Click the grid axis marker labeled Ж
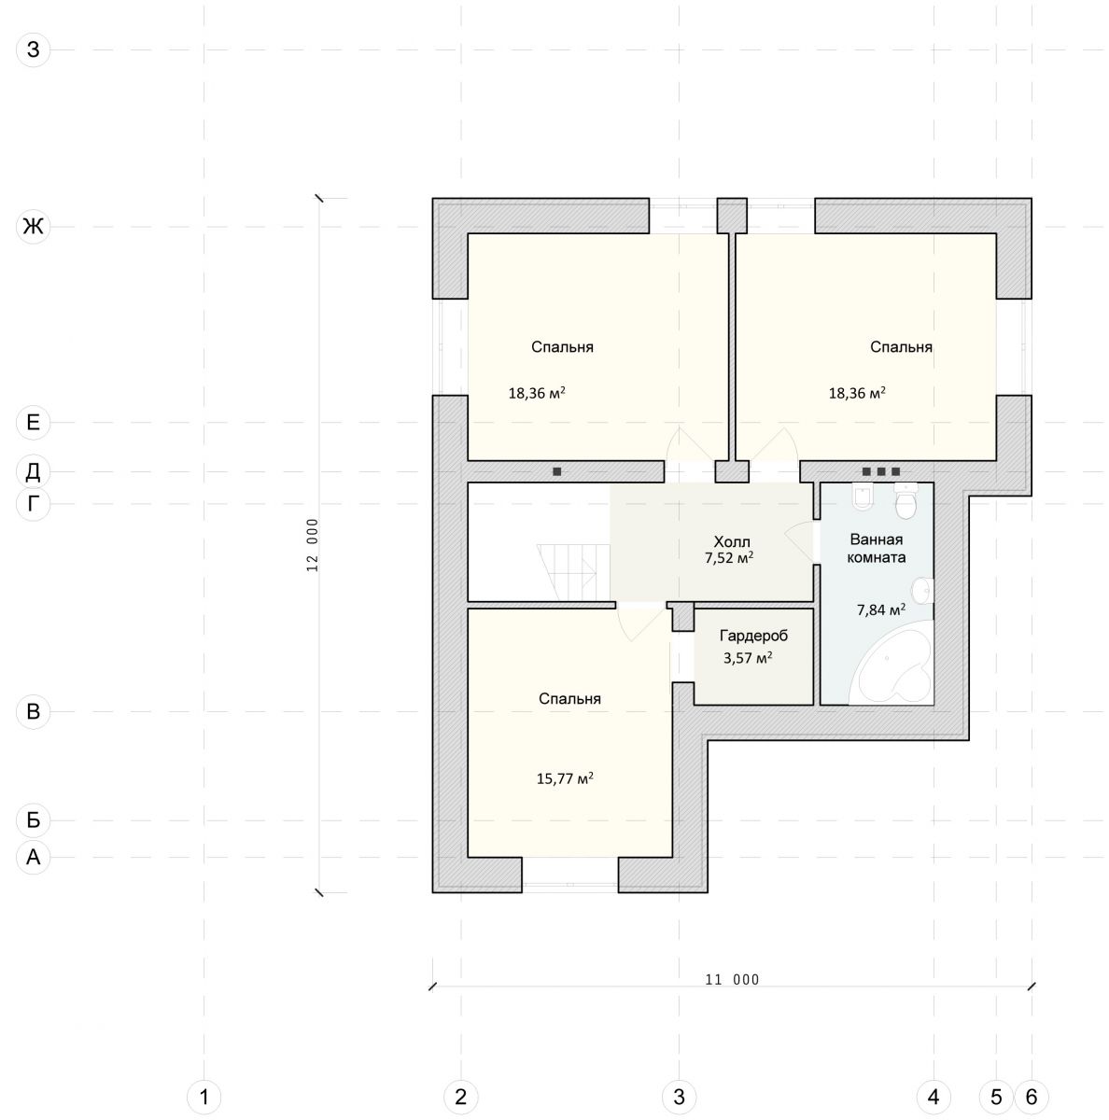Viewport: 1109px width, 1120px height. pos(34,226)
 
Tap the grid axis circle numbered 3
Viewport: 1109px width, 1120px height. pos(679,1097)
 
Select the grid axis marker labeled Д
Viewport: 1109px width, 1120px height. pos(34,471)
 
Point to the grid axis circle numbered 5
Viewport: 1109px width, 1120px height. pos(996,1097)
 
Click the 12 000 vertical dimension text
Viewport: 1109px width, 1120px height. pos(313,544)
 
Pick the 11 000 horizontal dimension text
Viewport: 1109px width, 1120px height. pos(732,979)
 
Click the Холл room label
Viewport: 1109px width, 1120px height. pos(732,541)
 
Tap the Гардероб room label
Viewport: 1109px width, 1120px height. pos(753,636)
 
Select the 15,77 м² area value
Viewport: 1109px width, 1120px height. pos(565,777)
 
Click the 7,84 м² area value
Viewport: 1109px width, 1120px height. pos(880,609)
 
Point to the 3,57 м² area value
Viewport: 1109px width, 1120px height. pos(748,657)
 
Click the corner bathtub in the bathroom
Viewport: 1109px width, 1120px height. pos(891,664)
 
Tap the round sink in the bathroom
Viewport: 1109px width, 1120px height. pos(922,591)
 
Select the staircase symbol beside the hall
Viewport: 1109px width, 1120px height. pos(574,572)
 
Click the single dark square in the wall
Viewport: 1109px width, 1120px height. pos(556,471)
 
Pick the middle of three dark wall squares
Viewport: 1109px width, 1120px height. pos(881,471)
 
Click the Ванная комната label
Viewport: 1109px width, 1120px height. pos(876,548)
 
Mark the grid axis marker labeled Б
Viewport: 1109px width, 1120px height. pos(34,820)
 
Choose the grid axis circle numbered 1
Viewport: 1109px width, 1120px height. pos(204,1097)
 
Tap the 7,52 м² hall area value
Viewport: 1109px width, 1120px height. pos(729,558)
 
